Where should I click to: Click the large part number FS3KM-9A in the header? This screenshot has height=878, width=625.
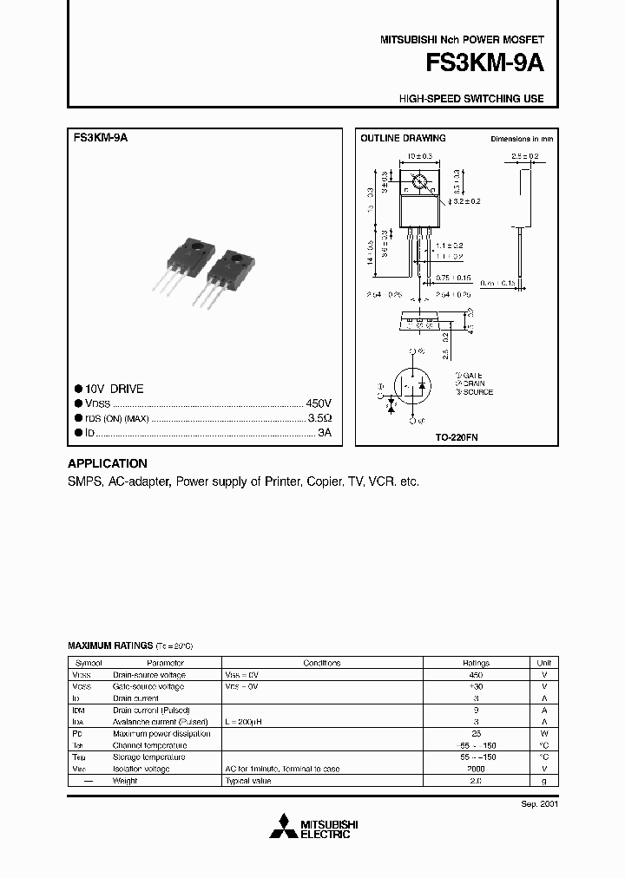click(x=484, y=64)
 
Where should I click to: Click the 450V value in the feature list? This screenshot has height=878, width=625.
click(x=319, y=404)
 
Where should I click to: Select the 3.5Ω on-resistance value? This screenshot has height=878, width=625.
click(x=321, y=418)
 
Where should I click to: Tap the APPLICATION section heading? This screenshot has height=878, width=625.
click(x=108, y=463)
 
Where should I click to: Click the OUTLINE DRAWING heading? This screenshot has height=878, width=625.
click(x=403, y=138)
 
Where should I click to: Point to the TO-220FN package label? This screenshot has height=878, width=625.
click(x=457, y=438)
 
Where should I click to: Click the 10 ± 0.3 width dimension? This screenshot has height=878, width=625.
click(x=419, y=157)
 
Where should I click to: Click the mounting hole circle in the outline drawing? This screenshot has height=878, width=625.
click(x=419, y=183)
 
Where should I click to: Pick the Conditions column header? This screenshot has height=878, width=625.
click(x=322, y=662)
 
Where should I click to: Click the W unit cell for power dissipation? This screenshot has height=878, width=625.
click(x=544, y=733)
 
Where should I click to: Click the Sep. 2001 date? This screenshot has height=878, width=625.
click(x=540, y=804)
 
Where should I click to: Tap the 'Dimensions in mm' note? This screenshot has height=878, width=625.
click(x=522, y=139)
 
